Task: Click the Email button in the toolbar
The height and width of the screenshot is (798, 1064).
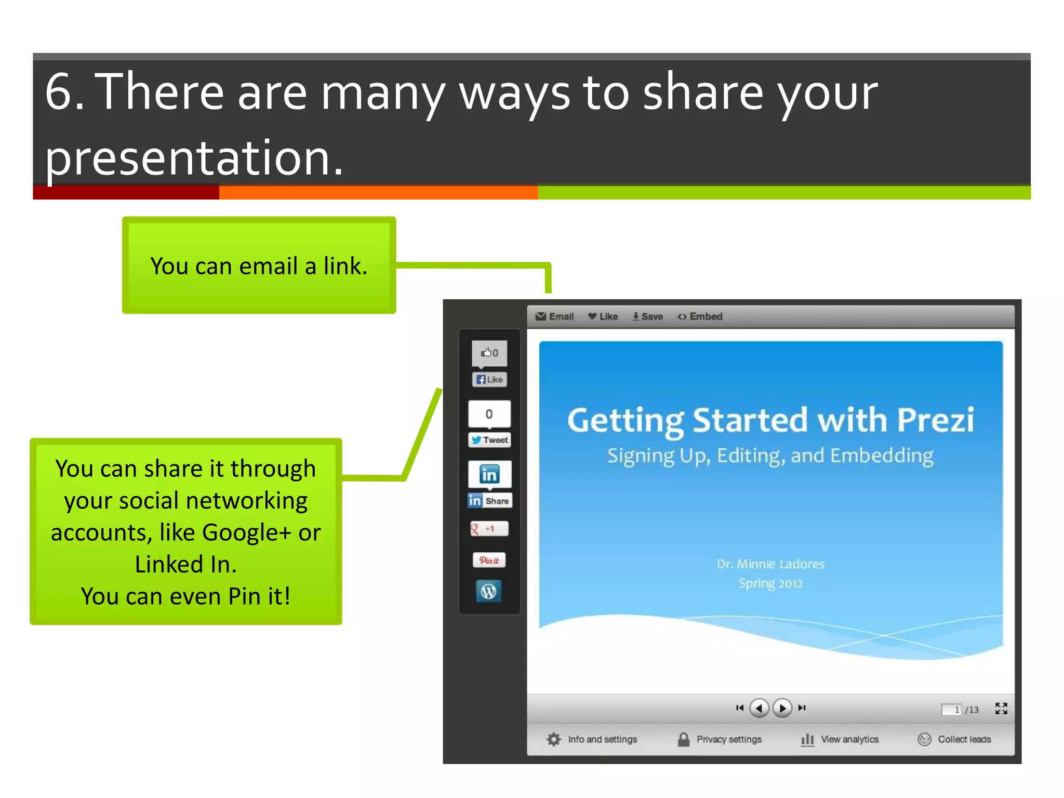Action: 555,316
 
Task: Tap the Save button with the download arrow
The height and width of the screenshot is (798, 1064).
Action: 647,316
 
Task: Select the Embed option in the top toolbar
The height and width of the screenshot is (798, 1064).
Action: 700,316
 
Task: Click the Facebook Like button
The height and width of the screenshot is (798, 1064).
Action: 489,380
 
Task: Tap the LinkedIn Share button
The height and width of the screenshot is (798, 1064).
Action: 489,501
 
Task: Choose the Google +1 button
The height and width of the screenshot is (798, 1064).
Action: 489,529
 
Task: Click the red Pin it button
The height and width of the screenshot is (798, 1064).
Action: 489,560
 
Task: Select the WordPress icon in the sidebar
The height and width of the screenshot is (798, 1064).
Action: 489,591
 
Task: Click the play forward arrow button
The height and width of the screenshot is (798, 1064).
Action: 782,708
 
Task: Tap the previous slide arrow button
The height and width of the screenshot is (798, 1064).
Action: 759,708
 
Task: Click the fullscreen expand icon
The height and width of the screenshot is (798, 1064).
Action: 1001,709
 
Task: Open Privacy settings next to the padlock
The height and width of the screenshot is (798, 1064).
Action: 728,739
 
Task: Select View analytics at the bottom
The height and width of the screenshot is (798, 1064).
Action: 849,739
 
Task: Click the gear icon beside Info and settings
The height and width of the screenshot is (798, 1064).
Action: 554,739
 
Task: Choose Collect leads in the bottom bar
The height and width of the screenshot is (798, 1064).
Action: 964,739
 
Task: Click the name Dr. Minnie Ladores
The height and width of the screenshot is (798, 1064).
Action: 770,564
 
